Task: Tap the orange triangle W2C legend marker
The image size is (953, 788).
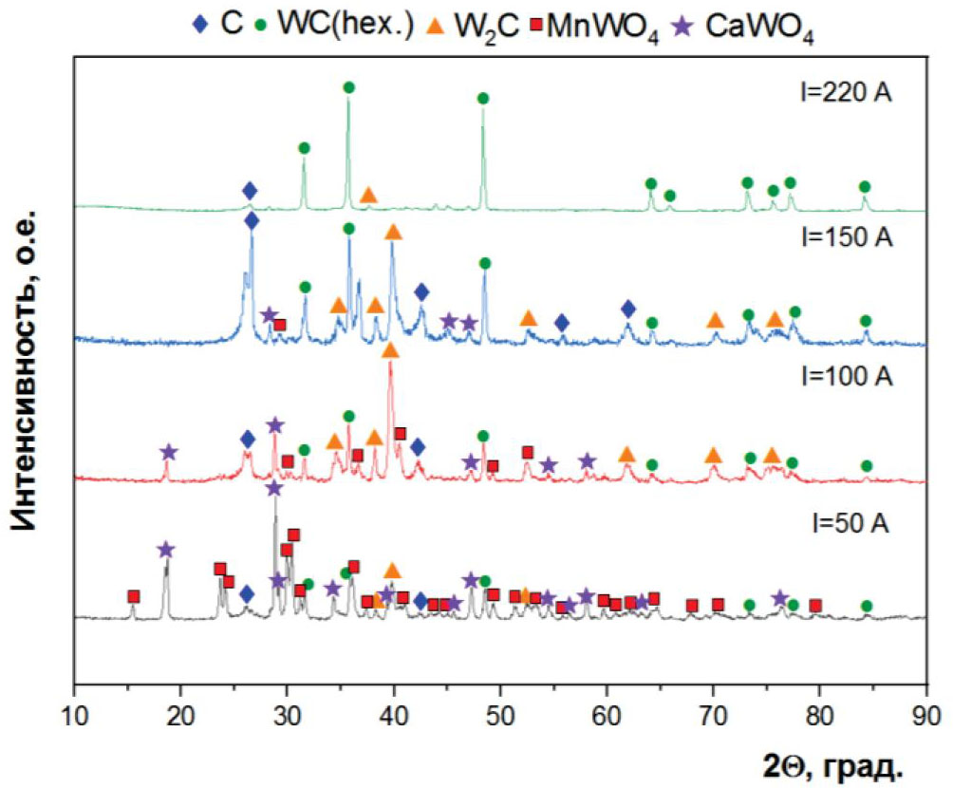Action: click(x=453, y=26)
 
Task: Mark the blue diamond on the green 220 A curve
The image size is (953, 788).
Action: click(x=250, y=191)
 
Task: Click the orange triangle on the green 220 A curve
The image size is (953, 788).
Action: click(x=368, y=194)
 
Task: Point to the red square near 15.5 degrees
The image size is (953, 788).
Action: click(x=133, y=596)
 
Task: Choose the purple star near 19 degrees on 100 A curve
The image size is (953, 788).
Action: click(x=169, y=452)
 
